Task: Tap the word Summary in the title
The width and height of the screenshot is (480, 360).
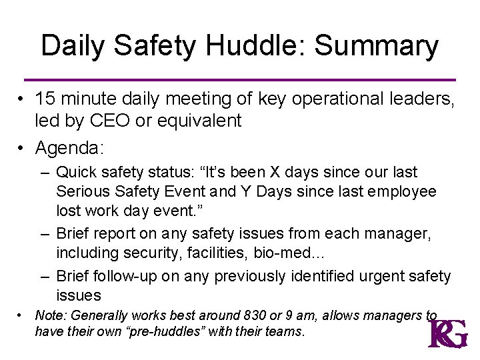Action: pyautogui.click(x=376, y=47)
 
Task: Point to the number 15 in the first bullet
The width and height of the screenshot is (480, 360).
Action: pyautogui.click(x=45, y=99)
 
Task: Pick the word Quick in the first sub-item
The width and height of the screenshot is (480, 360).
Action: pyautogui.click(x=78, y=173)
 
